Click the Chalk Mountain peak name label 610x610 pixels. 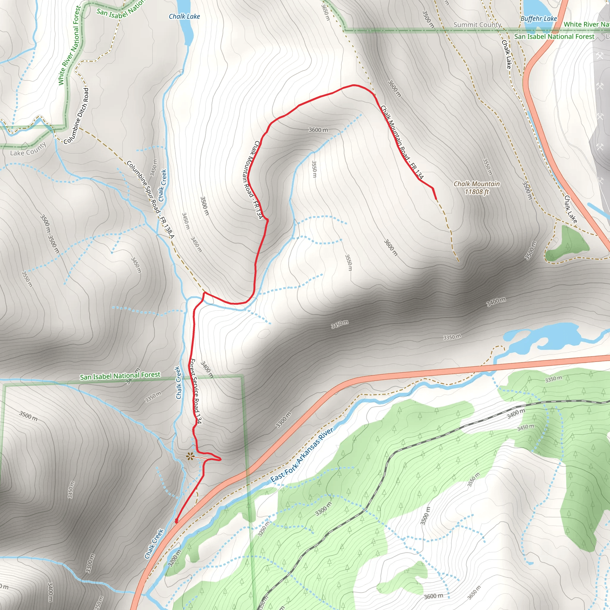477,184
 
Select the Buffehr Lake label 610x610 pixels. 539,19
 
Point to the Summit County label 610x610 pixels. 477,25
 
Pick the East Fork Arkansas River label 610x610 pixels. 301,455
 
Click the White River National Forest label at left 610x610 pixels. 70,46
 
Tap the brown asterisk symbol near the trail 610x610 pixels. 189,456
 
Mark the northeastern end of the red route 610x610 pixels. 436,199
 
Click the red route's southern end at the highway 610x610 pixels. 176,522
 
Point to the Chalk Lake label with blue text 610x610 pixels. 184,16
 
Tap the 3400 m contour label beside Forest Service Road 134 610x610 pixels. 207,369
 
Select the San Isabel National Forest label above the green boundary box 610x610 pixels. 120,376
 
